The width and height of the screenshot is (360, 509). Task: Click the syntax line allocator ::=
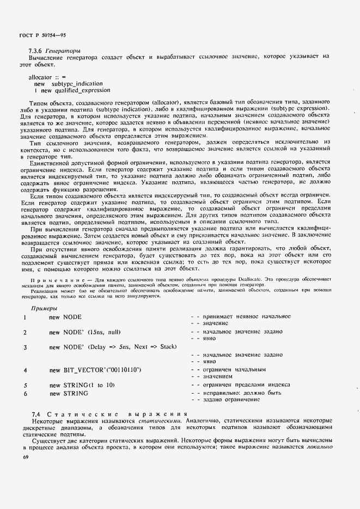click(47, 77)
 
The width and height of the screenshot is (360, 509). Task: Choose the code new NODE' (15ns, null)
click(84, 332)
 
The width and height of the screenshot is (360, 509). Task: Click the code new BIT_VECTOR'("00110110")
click(95, 370)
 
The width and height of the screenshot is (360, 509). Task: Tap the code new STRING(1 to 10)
click(82, 385)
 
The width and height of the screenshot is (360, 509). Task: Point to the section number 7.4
click(36, 414)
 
